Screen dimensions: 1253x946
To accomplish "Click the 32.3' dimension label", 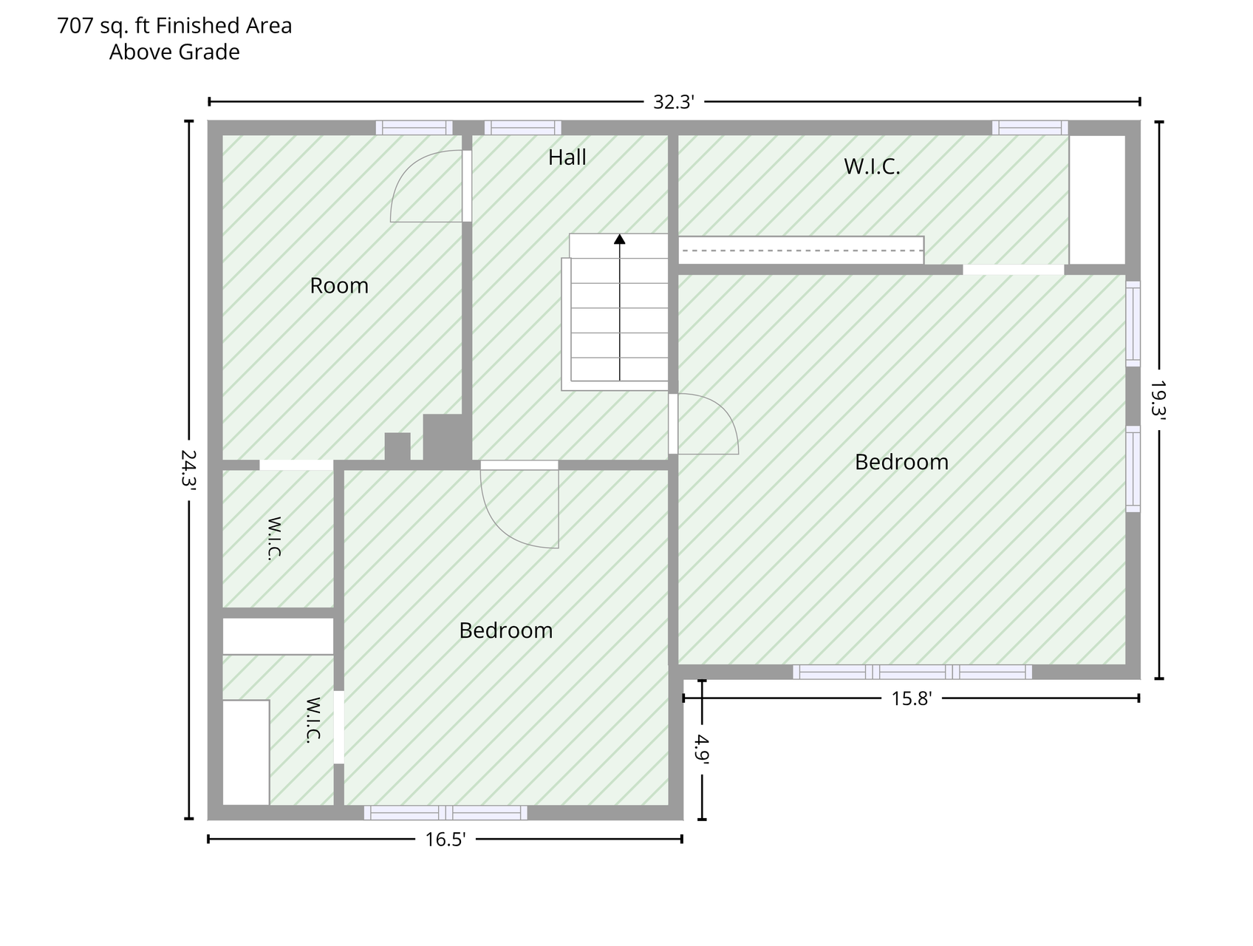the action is pyautogui.click(x=673, y=102).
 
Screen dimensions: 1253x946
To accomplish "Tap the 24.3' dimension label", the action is pyautogui.click(x=188, y=469).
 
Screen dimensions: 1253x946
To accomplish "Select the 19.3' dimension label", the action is pyautogui.click(x=1158, y=400).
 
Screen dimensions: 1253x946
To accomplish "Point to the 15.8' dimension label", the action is pyautogui.click(x=912, y=698).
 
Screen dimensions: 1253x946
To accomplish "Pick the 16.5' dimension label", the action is pyautogui.click(x=445, y=839).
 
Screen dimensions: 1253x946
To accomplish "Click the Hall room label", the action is pyautogui.click(x=567, y=157).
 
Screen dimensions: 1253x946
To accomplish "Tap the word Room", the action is pyautogui.click(x=339, y=285).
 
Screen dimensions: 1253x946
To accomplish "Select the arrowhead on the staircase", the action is pyautogui.click(x=619, y=239).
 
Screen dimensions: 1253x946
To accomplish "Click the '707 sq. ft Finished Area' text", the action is pyautogui.click(x=174, y=26).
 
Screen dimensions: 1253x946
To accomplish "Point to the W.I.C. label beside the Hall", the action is pyautogui.click(x=872, y=166).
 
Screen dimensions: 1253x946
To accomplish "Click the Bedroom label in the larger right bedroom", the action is pyautogui.click(x=901, y=462).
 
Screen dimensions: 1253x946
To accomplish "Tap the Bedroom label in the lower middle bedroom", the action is pyautogui.click(x=506, y=630).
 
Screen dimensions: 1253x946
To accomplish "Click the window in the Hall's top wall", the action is pyautogui.click(x=522, y=128).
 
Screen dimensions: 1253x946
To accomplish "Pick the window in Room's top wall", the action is pyautogui.click(x=414, y=128).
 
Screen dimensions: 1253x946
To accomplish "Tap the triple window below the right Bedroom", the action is pyautogui.click(x=912, y=672).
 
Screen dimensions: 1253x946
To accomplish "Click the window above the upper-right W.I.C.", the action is pyautogui.click(x=1030, y=128).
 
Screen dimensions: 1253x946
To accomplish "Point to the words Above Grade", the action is pyautogui.click(x=174, y=52).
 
